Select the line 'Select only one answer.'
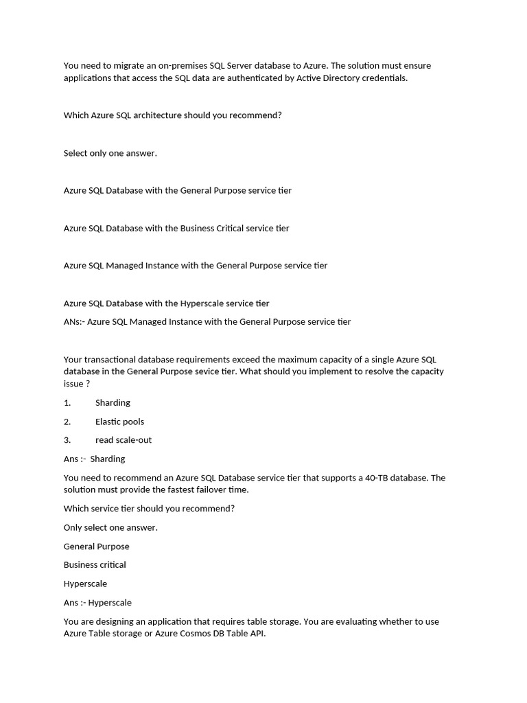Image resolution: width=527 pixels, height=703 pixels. click(x=110, y=153)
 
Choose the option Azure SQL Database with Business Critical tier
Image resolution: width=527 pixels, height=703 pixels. click(x=176, y=228)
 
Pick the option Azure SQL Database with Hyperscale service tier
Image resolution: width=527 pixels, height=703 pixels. click(x=167, y=303)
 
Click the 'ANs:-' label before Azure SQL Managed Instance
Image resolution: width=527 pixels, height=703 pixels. click(x=73, y=321)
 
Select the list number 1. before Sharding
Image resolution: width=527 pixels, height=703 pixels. click(x=67, y=403)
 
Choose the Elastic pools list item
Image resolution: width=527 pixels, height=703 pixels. click(x=119, y=422)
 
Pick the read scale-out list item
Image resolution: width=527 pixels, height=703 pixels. click(x=124, y=440)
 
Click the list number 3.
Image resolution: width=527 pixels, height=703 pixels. click(x=67, y=440)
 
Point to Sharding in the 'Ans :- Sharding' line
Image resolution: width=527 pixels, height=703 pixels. click(x=108, y=459)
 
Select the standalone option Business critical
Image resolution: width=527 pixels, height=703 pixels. click(x=95, y=565)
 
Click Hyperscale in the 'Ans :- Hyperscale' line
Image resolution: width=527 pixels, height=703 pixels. click(x=110, y=603)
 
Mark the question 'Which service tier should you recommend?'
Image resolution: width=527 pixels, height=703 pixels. click(x=149, y=509)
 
